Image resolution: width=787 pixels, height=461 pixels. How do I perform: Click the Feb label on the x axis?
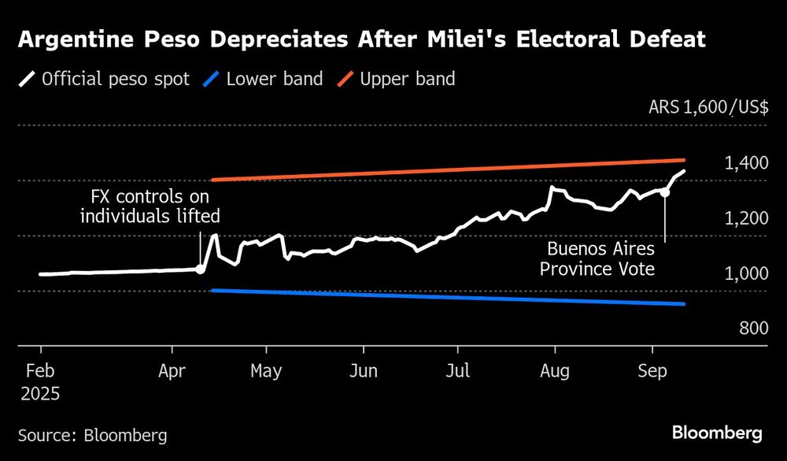(40, 370)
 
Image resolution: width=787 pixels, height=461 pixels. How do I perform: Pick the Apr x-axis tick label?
(172, 370)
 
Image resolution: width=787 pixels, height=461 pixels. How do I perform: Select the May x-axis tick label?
(266, 370)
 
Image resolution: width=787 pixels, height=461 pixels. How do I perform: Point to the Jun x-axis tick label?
(363, 370)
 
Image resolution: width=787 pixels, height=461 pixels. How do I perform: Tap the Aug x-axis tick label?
(556, 370)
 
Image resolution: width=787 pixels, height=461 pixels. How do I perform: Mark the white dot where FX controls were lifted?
(201, 270)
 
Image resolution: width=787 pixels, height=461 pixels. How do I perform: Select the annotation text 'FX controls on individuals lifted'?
(150, 206)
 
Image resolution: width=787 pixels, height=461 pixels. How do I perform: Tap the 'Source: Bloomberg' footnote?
(93, 434)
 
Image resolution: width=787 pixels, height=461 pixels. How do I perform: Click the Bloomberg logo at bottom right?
(717, 433)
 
